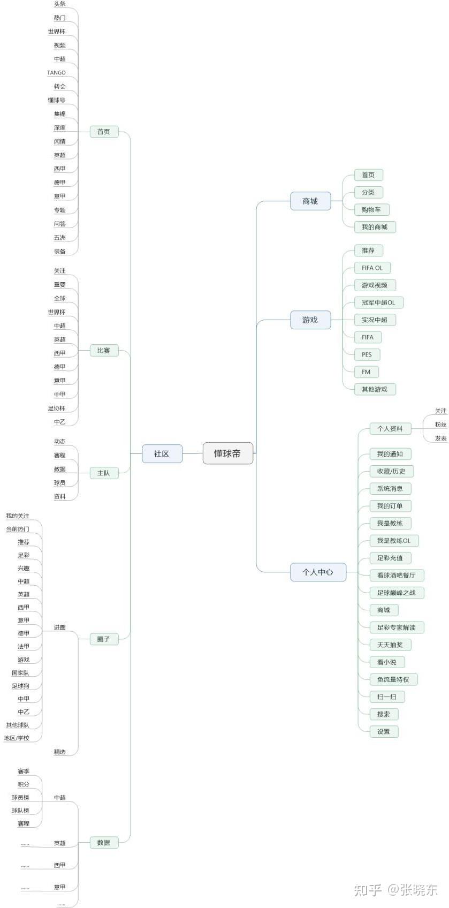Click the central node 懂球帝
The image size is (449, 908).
click(x=227, y=453)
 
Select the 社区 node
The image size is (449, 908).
click(x=162, y=453)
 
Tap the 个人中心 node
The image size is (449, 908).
click(x=317, y=572)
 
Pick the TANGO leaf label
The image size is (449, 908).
click(x=56, y=73)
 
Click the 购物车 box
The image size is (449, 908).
click(x=371, y=209)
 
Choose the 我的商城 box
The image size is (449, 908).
click(x=374, y=227)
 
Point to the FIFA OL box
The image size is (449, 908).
click(x=372, y=268)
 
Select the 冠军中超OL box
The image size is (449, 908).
click(x=378, y=302)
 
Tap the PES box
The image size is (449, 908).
click(x=367, y=354)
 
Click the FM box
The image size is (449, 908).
click(x=366, y=372)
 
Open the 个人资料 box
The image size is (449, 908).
click(x=390, y=428)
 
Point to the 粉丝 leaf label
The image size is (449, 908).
click(x=440, y=425)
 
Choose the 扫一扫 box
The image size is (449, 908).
click(x=386, y=697)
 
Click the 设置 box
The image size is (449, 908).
click(x=383, y=731)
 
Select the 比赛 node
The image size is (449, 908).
click(x=103, y=351)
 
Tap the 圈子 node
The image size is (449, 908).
click(x=103, y=639)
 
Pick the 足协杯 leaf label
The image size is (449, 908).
click(x=56, y=408)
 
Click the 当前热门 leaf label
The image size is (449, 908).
click(x=18, y=529)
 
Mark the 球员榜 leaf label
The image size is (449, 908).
click(x=20, y=797)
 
